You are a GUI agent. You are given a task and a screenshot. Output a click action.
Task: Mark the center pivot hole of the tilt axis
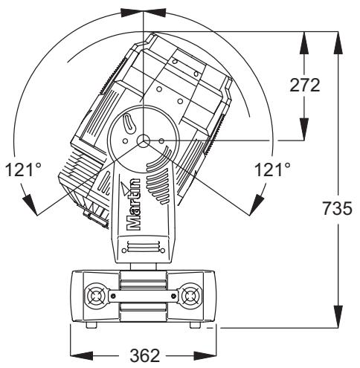pyautogui.click(x=144, y=140)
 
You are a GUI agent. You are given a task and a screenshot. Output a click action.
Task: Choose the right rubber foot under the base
pyautogui.click(x=196, y=326)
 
